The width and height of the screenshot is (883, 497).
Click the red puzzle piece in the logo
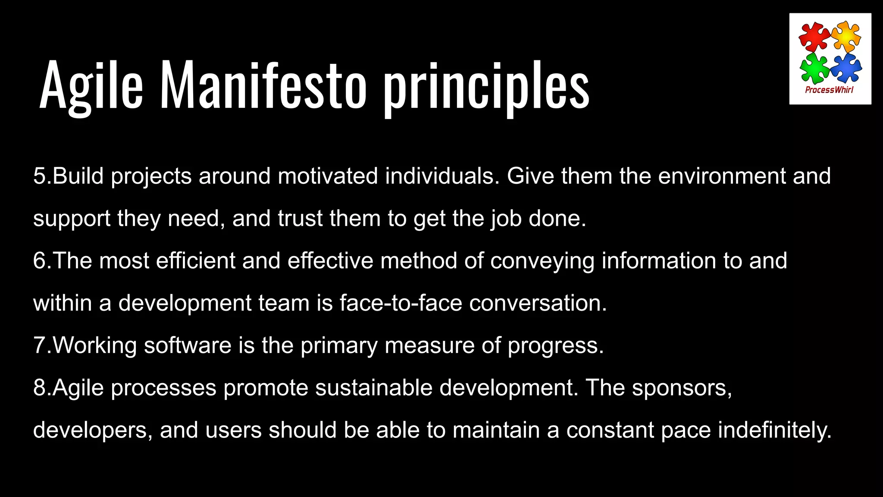[x=814, y=36]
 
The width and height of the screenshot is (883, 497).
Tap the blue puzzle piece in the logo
[x=846, y=67]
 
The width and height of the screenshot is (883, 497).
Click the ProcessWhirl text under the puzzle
[x=829, y=90]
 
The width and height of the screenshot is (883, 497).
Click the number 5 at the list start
[x=39, y=176]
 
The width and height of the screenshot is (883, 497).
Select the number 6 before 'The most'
[x=39, y=261]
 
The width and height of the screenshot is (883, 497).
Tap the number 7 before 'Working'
[x=39, y=345]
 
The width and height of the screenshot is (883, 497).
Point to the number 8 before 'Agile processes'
[x=39, y=387]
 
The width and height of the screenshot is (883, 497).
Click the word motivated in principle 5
[x=328, y=176]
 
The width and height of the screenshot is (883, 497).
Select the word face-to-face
[x=401, y=303]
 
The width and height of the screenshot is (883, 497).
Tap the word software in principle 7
[x=188, y=345]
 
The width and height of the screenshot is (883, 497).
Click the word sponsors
[x=682, y=387]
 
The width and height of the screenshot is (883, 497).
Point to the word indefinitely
[x=774, y=430]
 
